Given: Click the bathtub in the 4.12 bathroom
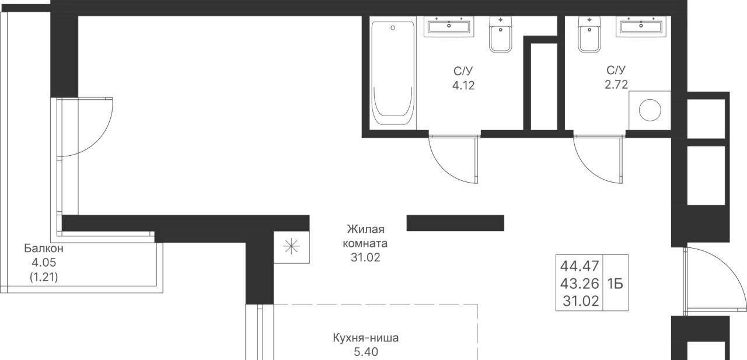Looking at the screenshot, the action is pyautogui.click(x=393, y=74).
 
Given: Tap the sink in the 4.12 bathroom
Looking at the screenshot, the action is pyautogui.click(x=449, y=26).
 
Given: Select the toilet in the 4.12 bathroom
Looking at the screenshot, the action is pyautogui.click(x=501, y=34).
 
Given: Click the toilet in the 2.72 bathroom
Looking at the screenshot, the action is pyautogui.click(x=589, y=34).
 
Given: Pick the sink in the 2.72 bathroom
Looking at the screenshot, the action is pyautogui.click(x=641, y=26).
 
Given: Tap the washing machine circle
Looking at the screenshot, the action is pyautogui.click(x=650, y=110).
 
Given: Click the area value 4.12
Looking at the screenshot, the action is pyautogui.click(x=463, y=86).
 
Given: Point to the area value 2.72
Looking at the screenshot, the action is pyautogui.click(x=616, y=85).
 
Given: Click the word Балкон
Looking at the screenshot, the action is pyautogui.click(x=44, y=249).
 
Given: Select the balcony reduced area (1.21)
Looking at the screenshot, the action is pyautogui.click(x=44, y=277).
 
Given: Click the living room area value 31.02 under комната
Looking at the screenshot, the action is pyautogui.click(x=365, y=258).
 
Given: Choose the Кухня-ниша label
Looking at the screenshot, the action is pyautogui.click(x=365, y=338).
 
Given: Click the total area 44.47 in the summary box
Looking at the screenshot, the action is pyautogui.click(x=580, y=266).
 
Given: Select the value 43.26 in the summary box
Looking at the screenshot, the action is pyautogui.click(x=580, y=284).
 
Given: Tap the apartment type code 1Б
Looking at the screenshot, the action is pyautogui.click(x=615, y=284).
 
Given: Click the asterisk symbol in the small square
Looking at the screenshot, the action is pyautogui.click(x=291, y=247).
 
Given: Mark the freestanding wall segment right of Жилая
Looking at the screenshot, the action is pyautogui.click(x=455, y=223).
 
